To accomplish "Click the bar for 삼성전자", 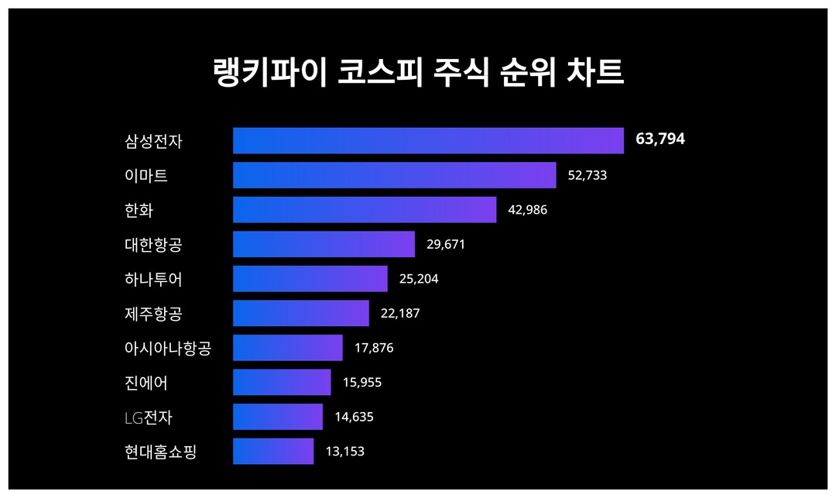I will (428, 141).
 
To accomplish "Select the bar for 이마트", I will (394, 175).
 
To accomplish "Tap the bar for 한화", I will (365, 209).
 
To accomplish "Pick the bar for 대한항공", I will (324, 244).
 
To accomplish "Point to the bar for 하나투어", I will (310, 279).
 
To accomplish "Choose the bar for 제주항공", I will (300, 313).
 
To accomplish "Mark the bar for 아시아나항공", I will (287, 348).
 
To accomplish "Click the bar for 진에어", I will (282, 382).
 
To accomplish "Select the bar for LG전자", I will (277, 417).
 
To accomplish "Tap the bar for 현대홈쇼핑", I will (273, 451).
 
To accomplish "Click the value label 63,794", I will (660, 139).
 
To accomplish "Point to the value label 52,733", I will (587, 175).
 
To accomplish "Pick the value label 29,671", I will (446, 244).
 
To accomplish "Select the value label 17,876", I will (374, 348).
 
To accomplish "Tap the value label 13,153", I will (344, 451).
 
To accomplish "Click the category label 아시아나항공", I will (167, 349).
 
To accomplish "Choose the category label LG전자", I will (148, 418).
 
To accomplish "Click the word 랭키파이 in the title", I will (269, 72).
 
